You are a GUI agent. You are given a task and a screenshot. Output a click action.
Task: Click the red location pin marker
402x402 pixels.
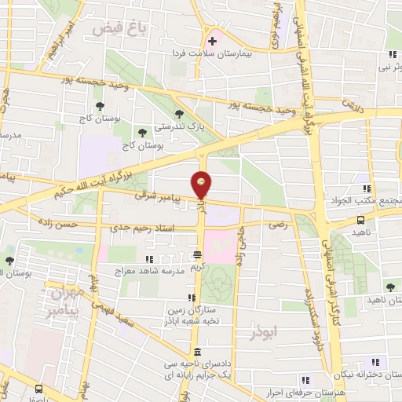point(202,185)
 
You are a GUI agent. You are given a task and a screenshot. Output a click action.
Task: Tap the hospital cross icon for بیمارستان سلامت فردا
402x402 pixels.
point(212,41)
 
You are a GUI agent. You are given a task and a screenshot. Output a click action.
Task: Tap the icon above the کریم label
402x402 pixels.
point(197,254)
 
